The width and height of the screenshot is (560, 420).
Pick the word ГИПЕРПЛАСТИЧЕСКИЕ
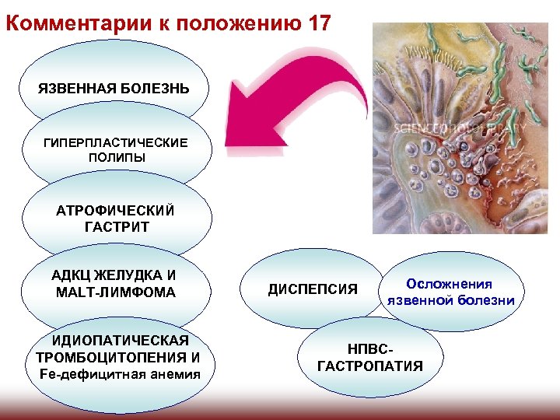[x=116, y=143]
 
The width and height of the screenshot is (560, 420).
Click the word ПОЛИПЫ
[x=116, y=157]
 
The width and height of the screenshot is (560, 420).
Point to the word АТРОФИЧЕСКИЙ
[x=115, y=211]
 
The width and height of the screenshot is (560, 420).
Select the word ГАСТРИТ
[x=115, y=227]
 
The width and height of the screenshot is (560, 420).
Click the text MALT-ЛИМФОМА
[x=115, y=292]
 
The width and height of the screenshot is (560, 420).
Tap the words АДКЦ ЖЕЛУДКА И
[x=114, y=276]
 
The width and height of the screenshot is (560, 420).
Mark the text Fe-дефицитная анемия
[x=119, y=374]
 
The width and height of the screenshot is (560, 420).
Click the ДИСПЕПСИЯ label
[x=313, y=290]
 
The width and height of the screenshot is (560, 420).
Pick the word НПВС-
[x=370, y=350]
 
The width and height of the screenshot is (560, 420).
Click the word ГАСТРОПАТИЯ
[x=370, y=366]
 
